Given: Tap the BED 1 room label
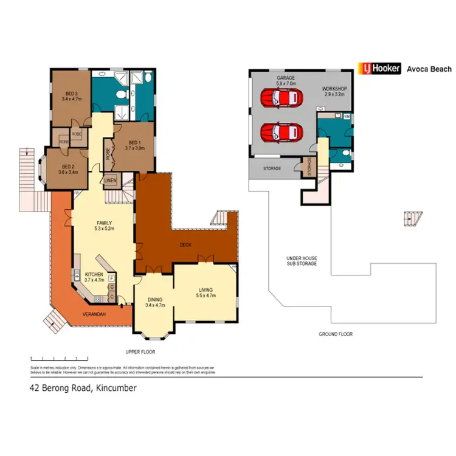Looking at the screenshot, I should point(134,144).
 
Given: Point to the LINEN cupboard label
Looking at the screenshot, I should point(110,180).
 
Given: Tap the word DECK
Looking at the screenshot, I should point(186,244).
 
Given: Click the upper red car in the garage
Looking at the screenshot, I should point(280,97).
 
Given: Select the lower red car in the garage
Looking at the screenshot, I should point(280,131).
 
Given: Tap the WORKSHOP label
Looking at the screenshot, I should point(334,92).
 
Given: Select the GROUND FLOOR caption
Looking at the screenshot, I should point(336,334).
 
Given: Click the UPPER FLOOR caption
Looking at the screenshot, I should point(140,352).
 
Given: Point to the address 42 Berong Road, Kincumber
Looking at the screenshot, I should point(83,387).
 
